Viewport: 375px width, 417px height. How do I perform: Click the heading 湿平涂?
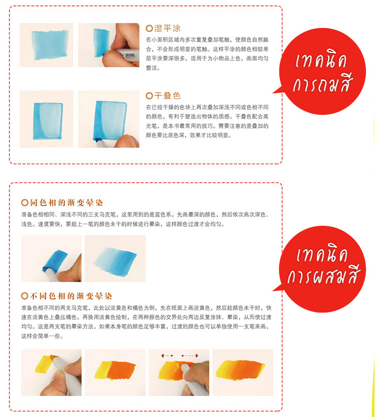pyautogui.click(x=167, y=28)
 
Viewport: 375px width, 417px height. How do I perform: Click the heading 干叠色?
pyautogui.click(x=167, y=96)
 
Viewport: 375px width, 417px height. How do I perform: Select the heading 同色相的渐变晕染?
pyautogui.click(x=66, y=203)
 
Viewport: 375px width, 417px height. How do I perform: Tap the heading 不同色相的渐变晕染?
pyautogui.click(x=71, y=296)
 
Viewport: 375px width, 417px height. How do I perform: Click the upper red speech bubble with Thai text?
pyautogui.click(x=322, y=71)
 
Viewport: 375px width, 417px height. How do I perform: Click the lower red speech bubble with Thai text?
pyautogui.click(x=322, y=269)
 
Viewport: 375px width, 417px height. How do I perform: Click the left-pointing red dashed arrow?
pyautogui.click(x=167, y=355)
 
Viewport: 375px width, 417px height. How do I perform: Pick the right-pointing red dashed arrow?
pyautogui.click(x=190, y=355)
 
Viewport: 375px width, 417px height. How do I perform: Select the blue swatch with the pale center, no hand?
pyautogui.click(x=48, y=121)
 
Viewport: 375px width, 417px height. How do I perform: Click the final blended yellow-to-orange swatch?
pyautogui.click(x=240, y=370)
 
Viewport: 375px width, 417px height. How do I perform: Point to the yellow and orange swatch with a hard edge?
pyautogui.click(x=115, y=371)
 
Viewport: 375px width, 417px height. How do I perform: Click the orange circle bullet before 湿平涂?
pyautogui.click(x=149, y=28)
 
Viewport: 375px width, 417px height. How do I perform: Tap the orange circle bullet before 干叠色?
pyautogui.click(x=149, y=96)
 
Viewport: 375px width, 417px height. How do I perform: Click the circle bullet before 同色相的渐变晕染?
pyautogui.click(x=25, y=203)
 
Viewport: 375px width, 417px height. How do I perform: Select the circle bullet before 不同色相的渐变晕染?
pyautogui.click(x=25, y=296)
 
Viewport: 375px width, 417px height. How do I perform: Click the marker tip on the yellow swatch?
pyautogui.click(x=54, y=360)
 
